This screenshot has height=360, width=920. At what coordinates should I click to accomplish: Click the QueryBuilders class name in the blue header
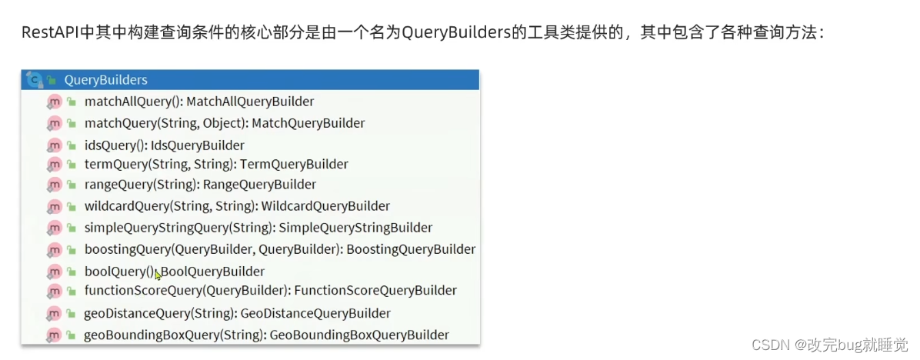coord(105,79)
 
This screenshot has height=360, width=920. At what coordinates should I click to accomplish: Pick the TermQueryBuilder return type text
coord(294,164)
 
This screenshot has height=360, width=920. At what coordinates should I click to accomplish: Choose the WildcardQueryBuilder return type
coord(325,206)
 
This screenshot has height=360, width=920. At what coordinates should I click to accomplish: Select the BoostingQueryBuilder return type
coord(411,249)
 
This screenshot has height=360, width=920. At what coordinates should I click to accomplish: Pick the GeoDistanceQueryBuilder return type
coord(315,313)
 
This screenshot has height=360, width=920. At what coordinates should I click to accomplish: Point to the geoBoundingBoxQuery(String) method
coord(175,335)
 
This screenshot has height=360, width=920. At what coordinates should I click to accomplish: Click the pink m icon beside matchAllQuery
coord(54,102)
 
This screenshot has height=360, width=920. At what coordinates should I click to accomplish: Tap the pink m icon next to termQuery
coord(54,164)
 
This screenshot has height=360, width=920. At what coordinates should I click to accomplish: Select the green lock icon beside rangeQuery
coord(71,185)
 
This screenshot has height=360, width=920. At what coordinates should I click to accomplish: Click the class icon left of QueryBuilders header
coord(34,79)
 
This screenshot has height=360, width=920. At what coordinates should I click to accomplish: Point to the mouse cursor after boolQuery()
coord(158,275)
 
